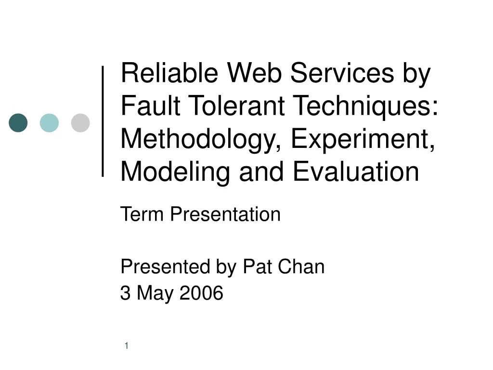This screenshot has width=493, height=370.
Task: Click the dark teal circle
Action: click(x=18, y=123)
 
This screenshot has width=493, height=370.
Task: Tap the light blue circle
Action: click(x=49, y=123)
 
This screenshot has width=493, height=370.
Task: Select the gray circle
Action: click(x=80, y=123)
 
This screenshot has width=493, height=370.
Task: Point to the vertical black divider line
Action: click(x=103, y=121)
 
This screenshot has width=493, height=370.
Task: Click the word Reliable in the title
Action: click(x=169, y=73)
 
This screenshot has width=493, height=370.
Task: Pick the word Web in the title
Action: click(x=254, y=73)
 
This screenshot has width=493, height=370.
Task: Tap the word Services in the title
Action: click(x=342, y=73)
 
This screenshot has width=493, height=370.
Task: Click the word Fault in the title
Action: click(x=151, y=106)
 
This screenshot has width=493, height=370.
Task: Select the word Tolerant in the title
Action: click(x=237, y=106)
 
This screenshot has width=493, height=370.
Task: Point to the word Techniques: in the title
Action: click(x=366, y=107)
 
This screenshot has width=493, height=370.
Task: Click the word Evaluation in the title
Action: click(x=356, y=171)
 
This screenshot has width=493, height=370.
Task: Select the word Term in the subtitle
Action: click(x=142, y=214)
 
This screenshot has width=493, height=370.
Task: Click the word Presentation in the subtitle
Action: click(x=225, y=214)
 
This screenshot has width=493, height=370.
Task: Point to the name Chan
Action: click(x=301, y=266)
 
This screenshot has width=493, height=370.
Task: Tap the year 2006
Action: click(x=201, y=292)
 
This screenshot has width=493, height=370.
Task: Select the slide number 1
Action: click(x=127, y=346)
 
